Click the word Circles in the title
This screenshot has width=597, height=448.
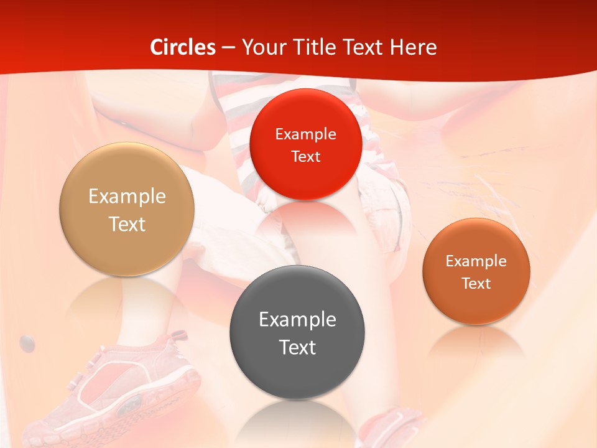pyautogui.click(x=183, y=47)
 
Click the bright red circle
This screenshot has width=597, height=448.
pyautogui.click(x=305, y=144)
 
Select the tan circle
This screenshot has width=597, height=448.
pyautogui.click(x=127, y=210)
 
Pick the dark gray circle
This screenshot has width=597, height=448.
pyautogui.click(x=297, y=332)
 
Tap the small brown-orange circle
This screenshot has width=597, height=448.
pyautogui.click(x=476, y=271)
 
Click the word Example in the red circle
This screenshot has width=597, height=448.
pyautogui.click(x=305, y=134)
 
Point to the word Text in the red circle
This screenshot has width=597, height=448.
pyautogui.click(x=305, y=156)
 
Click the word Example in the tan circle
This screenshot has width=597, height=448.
pyautogui.click(x=127, y=197)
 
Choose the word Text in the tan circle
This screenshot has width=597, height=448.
pyautogui.click(x=127, y=224)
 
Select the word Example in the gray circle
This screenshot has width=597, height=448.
pyautogui.click(x=297, y=319)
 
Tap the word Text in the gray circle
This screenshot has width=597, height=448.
pyautogui.click(x=297, y=347)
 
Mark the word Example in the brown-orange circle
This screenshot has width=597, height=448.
pyautogui.click(x=476, y=261)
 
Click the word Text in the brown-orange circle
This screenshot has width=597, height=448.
pyautogui.click(x=476, y=283)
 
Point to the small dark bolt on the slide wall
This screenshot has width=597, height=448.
pyautogui.click(x=27, y=341)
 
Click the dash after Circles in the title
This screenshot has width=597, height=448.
pyautogui.click(x=228, y=48)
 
